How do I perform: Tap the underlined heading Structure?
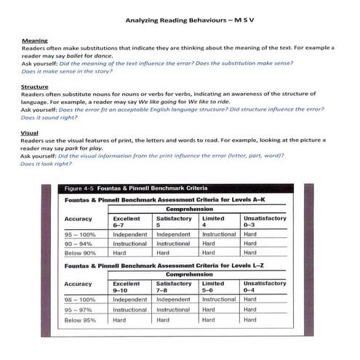tap(35, 87)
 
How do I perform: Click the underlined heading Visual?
tap(31, 132)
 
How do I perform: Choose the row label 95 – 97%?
tap(80, 310)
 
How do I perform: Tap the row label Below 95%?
tap(80, 320)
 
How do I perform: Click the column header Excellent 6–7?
tap(127, 222)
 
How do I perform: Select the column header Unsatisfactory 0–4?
tap(264, 286)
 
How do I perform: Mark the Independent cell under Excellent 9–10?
tap(130, 299)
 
